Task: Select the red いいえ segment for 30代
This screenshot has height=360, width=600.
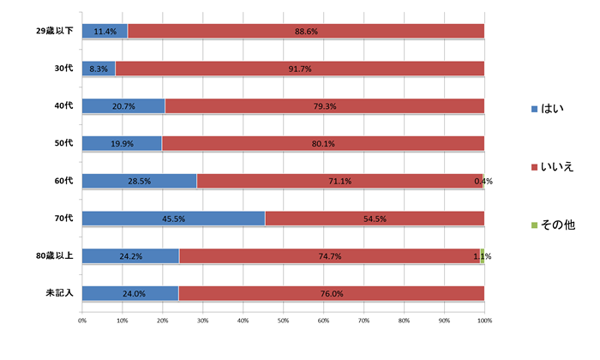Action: (x=300, y=69)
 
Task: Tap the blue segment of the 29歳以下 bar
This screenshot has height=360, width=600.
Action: (x=105, y=32)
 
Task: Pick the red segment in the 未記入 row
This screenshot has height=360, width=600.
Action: (x=331, y=293)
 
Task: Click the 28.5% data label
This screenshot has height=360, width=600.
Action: (x=139, y=181)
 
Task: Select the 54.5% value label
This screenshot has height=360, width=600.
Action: (x=375, y=219)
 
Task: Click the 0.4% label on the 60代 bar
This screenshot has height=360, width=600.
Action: (x=483, y=181)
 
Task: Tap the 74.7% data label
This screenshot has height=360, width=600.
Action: (x=330, y=256)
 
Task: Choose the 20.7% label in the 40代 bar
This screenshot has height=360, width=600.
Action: (x=123, y=106)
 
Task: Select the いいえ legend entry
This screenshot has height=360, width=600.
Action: (x=556, y=166)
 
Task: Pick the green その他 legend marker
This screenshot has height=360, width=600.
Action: (x=534, y=225)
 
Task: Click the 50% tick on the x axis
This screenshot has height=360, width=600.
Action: (x=284, y=321)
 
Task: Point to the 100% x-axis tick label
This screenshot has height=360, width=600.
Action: (x=484, y=321)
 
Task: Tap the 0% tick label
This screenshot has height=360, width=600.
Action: (x=82, y=321)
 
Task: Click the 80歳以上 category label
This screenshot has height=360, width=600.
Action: (x=52, y=256)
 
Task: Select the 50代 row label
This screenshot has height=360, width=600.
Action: (x=62, y=144)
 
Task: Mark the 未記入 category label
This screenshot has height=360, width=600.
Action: (x=59, y=293)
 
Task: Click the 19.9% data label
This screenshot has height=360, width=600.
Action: (x=123, y=144)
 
